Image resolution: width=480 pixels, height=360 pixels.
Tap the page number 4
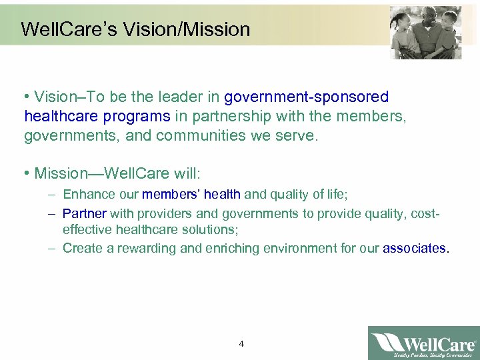click(241, 344)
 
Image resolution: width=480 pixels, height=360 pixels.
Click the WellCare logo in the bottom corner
click(423, 343)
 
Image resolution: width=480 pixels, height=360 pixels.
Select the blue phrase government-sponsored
click(307, 98)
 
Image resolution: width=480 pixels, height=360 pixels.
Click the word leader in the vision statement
click(194, 98)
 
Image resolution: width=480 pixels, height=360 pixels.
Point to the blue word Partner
click(84, 214)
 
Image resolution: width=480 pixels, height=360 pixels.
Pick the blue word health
click(222, 195)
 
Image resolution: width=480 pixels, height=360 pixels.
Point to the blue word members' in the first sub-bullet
click(171, 195)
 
